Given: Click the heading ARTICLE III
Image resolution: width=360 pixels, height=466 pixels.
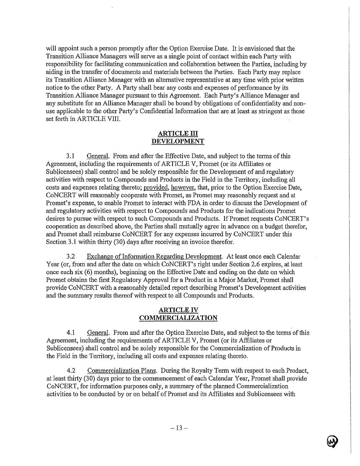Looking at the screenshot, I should pos(178,134).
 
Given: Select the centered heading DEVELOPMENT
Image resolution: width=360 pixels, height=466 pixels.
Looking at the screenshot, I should pos(178,141).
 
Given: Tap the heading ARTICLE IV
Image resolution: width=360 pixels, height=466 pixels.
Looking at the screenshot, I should pos(178,310).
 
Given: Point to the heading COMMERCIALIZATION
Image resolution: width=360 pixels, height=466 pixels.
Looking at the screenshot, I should pos(178,318).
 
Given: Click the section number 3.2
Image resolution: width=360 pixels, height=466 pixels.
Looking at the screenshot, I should pos(70,256).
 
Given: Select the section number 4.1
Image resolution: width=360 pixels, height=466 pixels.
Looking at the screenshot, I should pos(70,332).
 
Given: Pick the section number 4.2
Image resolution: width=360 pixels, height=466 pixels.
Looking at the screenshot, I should pos(70,370).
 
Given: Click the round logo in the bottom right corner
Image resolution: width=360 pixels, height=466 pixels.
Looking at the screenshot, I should pos(332,441).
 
